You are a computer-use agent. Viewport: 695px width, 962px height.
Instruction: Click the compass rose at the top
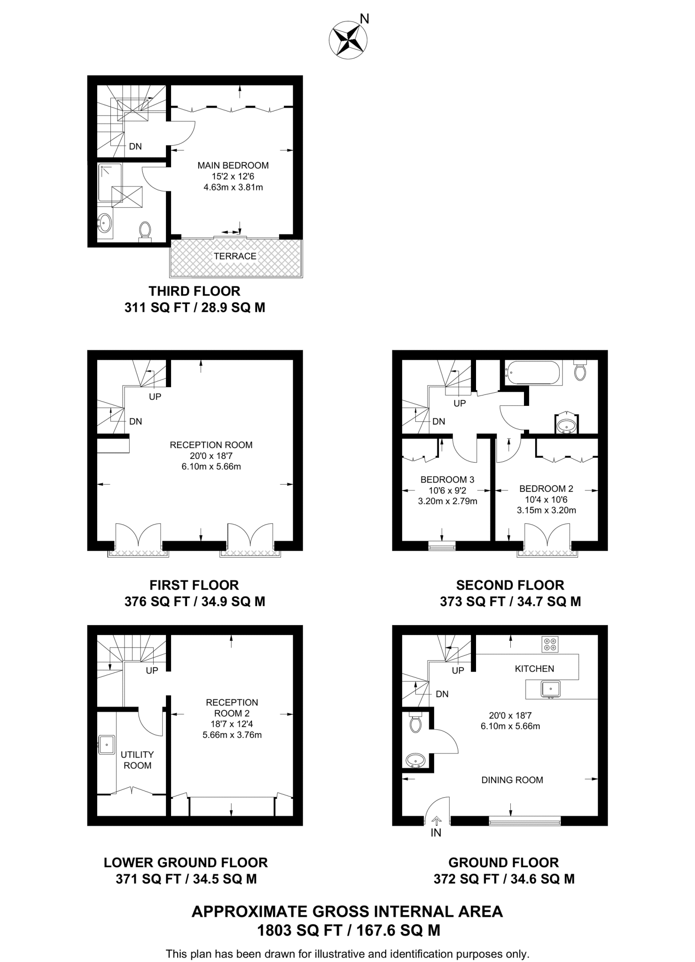347,40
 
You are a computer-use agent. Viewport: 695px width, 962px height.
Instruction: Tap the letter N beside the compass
364,19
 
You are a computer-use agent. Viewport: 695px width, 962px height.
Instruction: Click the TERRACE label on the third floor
235,256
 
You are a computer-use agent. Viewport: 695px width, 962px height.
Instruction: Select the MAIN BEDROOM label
233,165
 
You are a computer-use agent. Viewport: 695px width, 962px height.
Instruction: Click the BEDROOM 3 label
447,480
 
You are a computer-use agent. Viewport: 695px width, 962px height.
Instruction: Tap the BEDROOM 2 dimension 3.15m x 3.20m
546,510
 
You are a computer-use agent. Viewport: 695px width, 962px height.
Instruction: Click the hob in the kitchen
550,644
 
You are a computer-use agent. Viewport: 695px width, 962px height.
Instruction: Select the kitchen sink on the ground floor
550,689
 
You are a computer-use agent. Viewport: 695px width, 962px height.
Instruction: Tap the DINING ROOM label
512,780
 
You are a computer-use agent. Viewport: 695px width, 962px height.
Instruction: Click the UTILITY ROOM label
137,760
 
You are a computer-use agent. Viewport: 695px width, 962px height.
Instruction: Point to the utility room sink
107,745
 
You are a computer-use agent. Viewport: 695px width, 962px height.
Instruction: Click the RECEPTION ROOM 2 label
232,707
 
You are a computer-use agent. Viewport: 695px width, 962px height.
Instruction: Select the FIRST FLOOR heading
194,585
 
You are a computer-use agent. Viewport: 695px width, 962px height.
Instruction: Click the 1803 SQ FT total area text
348,931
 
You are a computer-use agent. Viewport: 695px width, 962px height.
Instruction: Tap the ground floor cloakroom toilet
415,723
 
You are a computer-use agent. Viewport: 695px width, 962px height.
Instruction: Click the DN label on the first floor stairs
135,421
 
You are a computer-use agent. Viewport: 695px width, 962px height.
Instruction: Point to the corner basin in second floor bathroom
566,425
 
